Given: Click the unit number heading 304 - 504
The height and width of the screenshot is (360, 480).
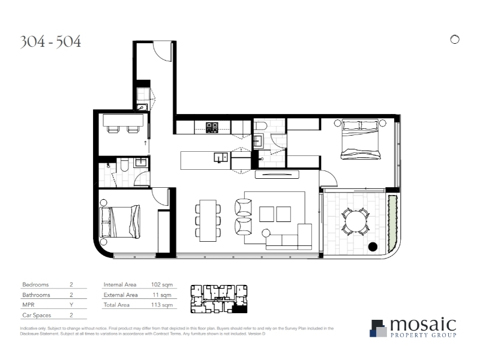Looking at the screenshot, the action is [50, 41].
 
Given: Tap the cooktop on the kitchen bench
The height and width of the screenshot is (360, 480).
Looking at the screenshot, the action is [212, 127].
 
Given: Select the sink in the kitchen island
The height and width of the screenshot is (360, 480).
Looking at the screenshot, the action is [221, 158].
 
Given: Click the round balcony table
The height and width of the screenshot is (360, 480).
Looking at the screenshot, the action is [355, 221].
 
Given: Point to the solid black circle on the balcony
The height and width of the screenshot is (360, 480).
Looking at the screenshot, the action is [373, 247].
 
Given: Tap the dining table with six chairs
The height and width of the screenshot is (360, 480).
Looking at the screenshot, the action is [208, 220].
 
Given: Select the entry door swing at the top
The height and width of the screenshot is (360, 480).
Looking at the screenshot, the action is [162, 52].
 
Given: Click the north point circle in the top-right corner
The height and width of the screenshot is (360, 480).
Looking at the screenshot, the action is [455, 40].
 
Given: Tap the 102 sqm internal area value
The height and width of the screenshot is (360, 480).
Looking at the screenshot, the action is [162, 284].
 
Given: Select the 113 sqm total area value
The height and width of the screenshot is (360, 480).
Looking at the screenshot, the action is [162, 305].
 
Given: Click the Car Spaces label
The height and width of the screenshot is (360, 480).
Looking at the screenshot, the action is [37, 315].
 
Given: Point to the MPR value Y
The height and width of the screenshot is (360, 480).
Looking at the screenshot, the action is [71, 305].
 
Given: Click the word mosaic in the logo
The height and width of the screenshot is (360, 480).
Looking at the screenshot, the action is [423, 325].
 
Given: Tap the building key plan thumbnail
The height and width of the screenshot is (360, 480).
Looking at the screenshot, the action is [219, 299].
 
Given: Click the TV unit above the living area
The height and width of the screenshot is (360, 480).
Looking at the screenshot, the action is [277, 175].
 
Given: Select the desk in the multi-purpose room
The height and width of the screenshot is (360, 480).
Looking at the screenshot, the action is [123, 120].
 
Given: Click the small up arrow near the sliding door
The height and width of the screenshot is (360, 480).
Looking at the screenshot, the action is [145, 143].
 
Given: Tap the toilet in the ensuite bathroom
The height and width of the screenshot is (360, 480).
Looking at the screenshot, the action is [261, 126].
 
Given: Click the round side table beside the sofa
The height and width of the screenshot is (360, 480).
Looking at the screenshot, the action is [266, 233].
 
